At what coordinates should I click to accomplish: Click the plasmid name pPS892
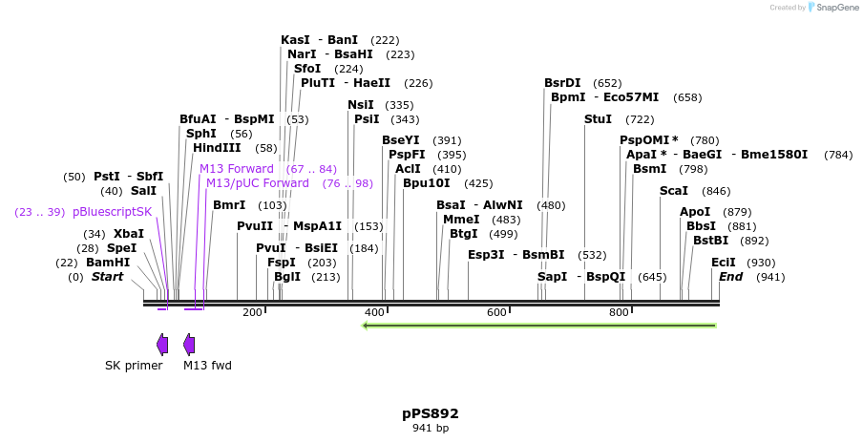point(430,413)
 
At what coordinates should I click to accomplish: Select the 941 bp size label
point(430,429)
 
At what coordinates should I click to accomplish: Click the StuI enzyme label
point(598,119)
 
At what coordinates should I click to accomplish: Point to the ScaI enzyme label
point(673,191)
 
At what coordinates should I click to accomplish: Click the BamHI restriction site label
point(108,263)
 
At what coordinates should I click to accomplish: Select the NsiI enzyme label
point(361,105)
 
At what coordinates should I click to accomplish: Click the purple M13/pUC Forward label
point(258,183)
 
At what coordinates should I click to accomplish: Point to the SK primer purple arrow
point(162,345)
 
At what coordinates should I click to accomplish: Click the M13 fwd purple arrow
point(189,345)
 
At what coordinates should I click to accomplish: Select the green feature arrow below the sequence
point(538,326)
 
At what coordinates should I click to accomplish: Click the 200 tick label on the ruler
point(252,313)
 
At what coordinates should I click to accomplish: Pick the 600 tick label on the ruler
point(496,313)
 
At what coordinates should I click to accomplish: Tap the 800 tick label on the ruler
point(619,313)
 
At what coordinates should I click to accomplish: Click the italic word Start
point(107,277)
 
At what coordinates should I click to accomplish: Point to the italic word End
point(730,277)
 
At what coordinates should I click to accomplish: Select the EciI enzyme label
point(724,263)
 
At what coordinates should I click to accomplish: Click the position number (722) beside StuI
point(640,119)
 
